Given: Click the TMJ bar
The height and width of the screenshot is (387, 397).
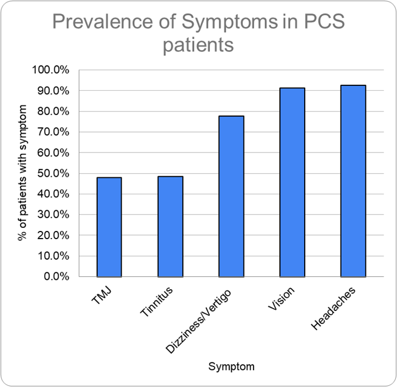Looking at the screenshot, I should (x=109, y=227).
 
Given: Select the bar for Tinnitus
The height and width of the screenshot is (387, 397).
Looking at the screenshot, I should (x=170, y=226).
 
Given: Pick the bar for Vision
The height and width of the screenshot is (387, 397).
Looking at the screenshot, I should (x=292, y=182).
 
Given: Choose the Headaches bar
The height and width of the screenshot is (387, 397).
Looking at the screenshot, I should (x=353, y=181).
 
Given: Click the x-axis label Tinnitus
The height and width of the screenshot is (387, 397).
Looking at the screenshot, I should (x=156, y=302).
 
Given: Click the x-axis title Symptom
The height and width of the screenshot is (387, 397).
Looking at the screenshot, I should (x=231, y=366).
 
